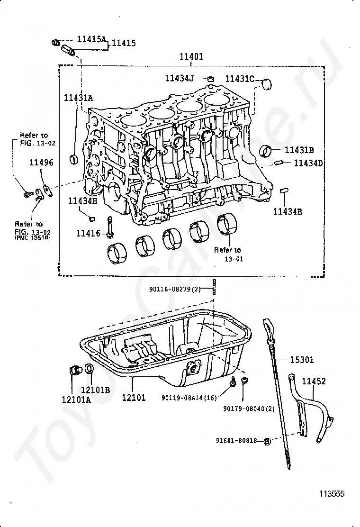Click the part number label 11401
click(191, 56)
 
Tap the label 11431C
click(239, 79)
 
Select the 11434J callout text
click(180, 78)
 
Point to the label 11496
click(41, 163)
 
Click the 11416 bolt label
click(88, 233)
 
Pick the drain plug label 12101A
click(75, 399)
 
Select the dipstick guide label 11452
click(314, 381)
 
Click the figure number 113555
click(331, 493)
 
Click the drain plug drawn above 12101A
click(74, 369)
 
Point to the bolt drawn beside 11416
click(110, 227)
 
